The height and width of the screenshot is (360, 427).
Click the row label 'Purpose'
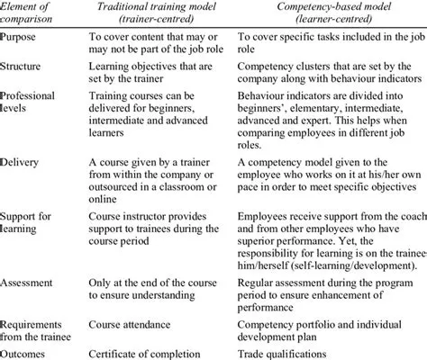pyautogui.click(x=22, y=39)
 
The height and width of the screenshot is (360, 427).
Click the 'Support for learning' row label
pyautogui.click(x=30, y=223)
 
